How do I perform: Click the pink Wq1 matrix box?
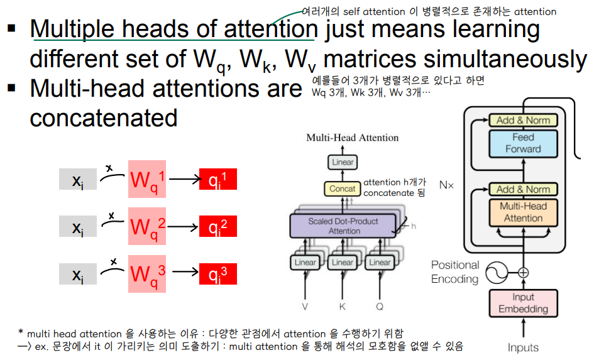click(147, 180)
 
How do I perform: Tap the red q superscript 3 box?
click(217, 273)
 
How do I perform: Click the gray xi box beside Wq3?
click(77, 273)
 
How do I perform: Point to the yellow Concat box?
click(343, 188)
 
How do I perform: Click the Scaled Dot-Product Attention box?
click(343, 226)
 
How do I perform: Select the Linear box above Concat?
click(343, 162)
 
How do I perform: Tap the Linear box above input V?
click(305, 262)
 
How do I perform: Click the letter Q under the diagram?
click(380, 308)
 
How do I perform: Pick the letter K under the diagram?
click(343, 308)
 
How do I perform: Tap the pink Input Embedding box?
click(523, 303)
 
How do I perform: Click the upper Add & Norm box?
click(523, 120)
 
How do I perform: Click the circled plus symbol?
click(523, 272)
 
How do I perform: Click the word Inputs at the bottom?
click(523, 347)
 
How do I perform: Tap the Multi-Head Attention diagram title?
click(352, 138)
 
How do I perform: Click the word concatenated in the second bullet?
click(104, 117)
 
